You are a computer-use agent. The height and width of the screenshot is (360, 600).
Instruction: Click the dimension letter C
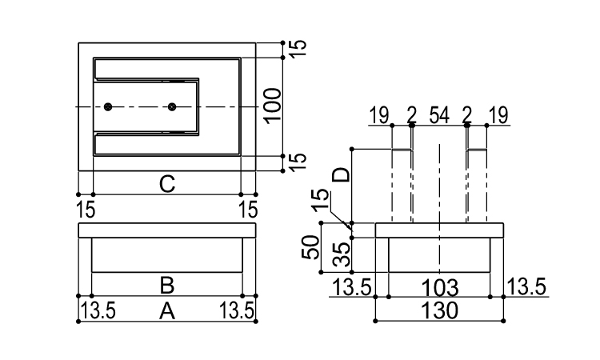tap(166, 184)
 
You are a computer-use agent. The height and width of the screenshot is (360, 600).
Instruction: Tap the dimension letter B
tap(166, 285)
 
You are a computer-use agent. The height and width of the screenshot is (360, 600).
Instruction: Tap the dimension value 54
tap(438, 117)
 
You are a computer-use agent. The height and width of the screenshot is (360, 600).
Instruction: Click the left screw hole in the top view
tap(108, 106)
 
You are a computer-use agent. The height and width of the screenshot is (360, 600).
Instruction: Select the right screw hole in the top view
tap(171, 106)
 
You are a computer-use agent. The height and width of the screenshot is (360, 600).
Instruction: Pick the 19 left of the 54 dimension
tap(380, 117)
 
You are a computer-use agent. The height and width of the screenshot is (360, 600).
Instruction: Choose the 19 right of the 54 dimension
tap(498, 117)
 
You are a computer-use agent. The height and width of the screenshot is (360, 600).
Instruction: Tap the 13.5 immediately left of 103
tap(353, 286)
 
